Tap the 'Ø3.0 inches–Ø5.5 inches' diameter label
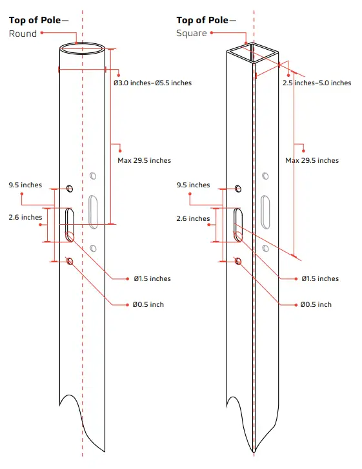(x=152, y=83)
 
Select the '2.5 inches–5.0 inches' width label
(x=316, y=83)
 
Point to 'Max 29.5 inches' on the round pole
(x=144, y=160)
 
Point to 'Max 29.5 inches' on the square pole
(x=312, y=160)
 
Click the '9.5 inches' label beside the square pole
(x=193, y=185)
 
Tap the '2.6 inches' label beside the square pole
(x=193, y=219)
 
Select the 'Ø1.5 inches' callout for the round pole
(x=152, y=279)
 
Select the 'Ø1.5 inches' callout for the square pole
(x=319, y=279)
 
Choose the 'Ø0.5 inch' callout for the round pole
(x=148, y=304)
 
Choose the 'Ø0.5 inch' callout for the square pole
(x=316, y=304)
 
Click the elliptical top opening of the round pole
(x=83, y=48)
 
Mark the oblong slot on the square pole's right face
(x=266, y=212)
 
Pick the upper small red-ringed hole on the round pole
(x=70, y=188)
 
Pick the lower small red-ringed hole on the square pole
(x=238, y=261)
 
